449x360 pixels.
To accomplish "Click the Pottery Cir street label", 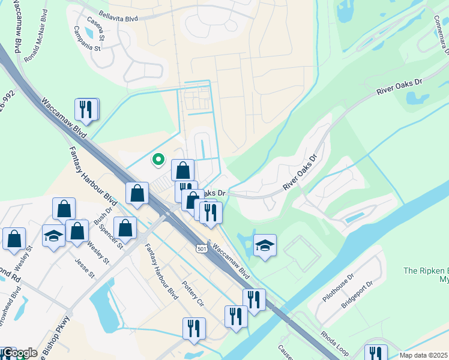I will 193,292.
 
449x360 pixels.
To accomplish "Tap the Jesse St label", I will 85,268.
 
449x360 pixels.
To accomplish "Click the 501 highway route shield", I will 200,249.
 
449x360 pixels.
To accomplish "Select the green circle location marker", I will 158,159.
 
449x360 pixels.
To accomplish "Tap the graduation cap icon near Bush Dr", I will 53,236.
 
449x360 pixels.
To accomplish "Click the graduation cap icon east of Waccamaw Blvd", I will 264,245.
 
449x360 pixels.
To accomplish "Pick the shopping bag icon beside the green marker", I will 182,170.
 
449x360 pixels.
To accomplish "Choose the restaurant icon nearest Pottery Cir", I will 194,329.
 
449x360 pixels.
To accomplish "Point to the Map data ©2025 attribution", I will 424,355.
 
